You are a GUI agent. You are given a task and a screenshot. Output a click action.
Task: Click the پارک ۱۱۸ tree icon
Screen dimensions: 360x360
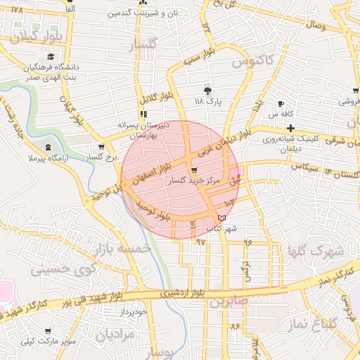point(207,91)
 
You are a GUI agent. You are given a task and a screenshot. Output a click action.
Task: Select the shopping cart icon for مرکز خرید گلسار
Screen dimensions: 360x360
point(194,170)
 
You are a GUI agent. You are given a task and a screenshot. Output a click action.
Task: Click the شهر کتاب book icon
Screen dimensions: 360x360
point(223,219)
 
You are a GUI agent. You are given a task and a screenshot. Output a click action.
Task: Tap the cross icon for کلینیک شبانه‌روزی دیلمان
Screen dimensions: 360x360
point(290,127)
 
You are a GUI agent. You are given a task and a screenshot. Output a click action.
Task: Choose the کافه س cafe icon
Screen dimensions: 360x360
point(281,103)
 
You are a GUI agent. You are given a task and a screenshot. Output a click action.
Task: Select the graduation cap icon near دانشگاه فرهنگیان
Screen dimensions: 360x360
point(50,57)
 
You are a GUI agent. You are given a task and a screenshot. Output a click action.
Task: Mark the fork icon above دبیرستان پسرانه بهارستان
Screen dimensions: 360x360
point(143,114)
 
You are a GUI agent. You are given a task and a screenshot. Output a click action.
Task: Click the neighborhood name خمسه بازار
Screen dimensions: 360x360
point(127,250)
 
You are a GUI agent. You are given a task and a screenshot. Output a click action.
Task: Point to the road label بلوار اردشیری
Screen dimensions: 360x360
point(186,292)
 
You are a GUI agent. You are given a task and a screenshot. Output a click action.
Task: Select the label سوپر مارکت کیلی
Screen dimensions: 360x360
point(46,342)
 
